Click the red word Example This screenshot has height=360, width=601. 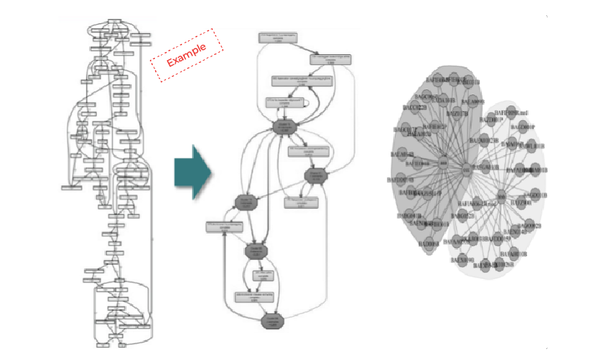(x=186, y=53)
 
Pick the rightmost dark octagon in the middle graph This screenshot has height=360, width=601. (x=315, y=175)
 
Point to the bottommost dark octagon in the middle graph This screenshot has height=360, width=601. (x=272, y=320)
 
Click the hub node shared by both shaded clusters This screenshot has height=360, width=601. (x=466, y=170)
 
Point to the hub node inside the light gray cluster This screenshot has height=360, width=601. (x=501, y=198)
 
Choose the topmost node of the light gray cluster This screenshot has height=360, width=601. (x=504, y=113)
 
